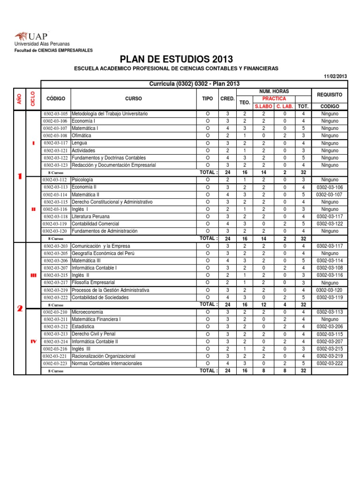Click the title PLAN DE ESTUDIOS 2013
[x=176, y=59]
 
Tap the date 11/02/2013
[x=336, y=76]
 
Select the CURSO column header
[x=133, y=98]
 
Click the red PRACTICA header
[x=274, y=99]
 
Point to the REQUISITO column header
[x=330, y=94]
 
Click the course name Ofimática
[x=82, y=135]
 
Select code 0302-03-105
[x=56, y=114]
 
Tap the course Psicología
[x=82, y=180]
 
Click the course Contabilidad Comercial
[x=95, y=224]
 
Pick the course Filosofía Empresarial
[x=93, y=283]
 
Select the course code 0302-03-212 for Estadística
[x=56, y=327]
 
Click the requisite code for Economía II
[x=330, y=187]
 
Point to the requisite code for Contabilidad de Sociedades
[x=330, y=297]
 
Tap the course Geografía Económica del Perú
[x=103, y=253]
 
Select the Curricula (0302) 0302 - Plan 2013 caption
[x=194, y=84]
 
